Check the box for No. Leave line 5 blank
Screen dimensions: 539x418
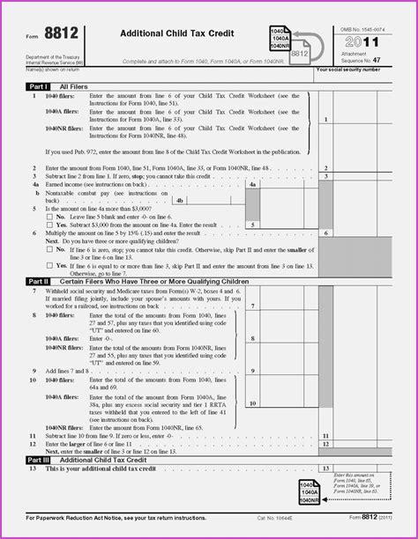49,216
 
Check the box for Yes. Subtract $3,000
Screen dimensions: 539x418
49,225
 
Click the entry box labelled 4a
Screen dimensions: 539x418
252,186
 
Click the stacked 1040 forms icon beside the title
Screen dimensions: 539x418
282,40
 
